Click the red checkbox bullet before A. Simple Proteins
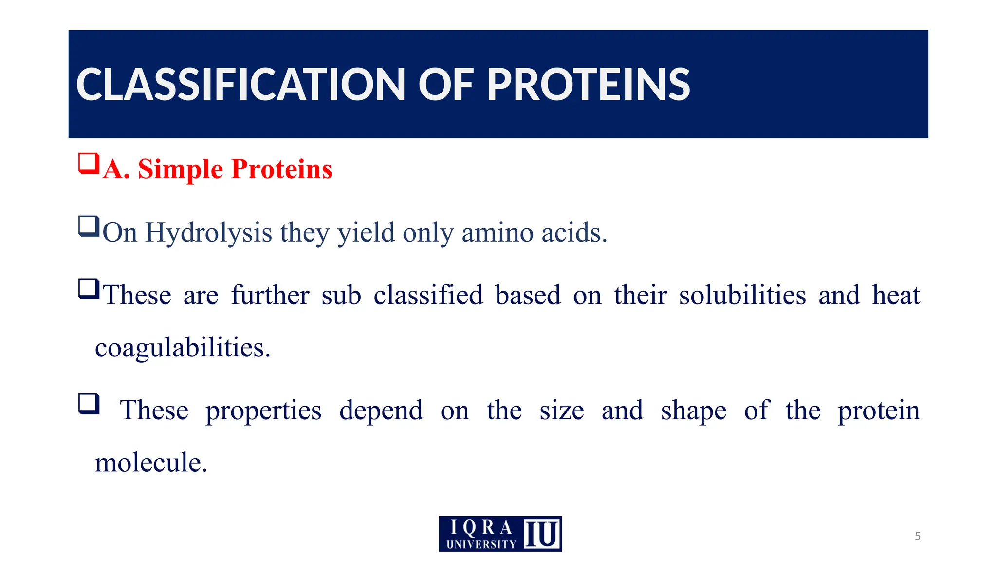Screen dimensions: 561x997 [x=89, y=164]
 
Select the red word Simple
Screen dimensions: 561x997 [x=180, y=169]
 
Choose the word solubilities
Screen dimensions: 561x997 [x=742, y=296]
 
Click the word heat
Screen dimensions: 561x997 [x=896, y=296]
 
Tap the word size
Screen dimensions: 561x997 [x=561, y=411]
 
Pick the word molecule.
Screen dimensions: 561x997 [x=151, y=463]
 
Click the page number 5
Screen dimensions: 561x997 [x=917, y=536]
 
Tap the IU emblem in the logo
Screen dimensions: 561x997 [x=542, y=534]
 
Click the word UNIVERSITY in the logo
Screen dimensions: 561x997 [x=481, y=544]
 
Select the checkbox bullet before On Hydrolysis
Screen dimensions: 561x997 [x=89, y=226]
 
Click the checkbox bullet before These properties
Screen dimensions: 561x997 [x=89, y=404]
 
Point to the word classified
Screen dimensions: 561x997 [x=428, y=296]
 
